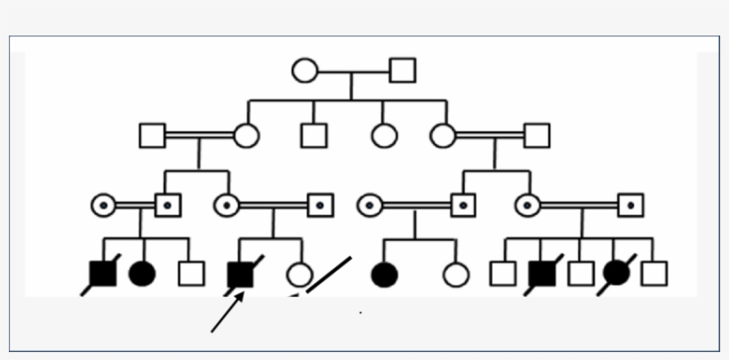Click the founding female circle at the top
[305, 70]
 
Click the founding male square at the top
[403, 70]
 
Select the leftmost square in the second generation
[153, 135]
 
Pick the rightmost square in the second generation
[537, 135]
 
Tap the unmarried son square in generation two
[313, 135]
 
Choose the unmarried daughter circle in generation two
[384, 135]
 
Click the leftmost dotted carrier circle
[103, 205]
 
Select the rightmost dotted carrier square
[631, 205]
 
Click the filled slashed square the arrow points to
[241, 274]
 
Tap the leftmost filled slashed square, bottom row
[103, 274]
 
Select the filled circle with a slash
[616, 274]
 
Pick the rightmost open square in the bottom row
[654, 274]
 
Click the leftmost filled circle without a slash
[142, 274]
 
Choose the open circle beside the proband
[300, 275]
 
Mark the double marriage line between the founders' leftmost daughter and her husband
[200, 135]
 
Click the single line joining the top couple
[354, 70]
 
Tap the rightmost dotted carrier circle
[527, 205]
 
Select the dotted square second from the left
[321, 205]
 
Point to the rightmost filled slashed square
[542, 274]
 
